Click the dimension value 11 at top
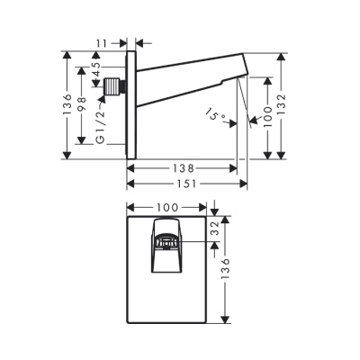click(x=102, y=43)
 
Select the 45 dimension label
click(x=95, y=69)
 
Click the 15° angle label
click(x=215, y=114)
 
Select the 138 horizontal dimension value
click(x=184, y=168)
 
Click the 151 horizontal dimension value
click(x=185, y=184)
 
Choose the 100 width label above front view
click(x=167, y=207)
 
